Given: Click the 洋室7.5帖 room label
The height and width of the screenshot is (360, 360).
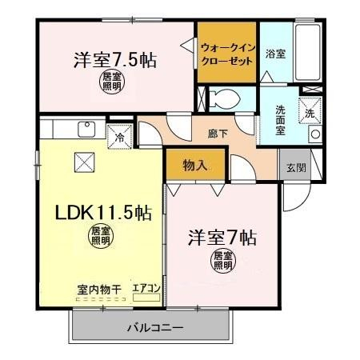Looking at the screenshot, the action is click(x=115, y=60).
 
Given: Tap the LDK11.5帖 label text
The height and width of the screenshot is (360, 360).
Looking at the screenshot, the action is click(x=103, y=213).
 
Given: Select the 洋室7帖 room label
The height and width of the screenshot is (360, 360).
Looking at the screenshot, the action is click(x=222, y=238).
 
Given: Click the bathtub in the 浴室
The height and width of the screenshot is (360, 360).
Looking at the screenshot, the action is click(x=308, y=52).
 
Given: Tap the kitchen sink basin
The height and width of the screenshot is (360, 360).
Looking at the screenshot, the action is click(x=86, y=129).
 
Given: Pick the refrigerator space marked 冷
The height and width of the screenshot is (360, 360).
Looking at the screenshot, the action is click(x=120, y=137).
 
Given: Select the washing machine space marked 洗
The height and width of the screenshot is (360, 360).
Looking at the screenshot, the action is click(x=310, y=111).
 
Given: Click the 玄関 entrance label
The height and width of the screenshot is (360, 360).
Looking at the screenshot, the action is click(x=296, y=168).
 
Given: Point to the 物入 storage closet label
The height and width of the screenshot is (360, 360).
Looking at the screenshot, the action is click(x=195, y=166).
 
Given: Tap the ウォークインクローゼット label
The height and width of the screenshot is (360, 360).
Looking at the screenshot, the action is click(x=228, y=54).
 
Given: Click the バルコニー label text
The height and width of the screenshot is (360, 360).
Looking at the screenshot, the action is click(x=155, y=328).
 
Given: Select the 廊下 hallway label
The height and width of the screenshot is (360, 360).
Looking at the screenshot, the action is click(x=218, y=134).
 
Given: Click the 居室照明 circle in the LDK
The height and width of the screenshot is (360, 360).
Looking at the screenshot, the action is click(x=101, y=236).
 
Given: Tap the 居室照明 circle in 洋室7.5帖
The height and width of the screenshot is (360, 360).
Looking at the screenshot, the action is click(x=112, y=82).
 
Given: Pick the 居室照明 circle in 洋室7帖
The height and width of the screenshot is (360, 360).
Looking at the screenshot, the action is click(x=223, y=261).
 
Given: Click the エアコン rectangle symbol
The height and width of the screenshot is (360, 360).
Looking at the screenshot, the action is click(x=146, y=298).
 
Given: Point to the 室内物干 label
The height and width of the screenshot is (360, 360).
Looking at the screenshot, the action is click(x=99, y=290).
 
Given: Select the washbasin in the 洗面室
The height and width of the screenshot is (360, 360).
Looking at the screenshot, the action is click(x=315, y=134).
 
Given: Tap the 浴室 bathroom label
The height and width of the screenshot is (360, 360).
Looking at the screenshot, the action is click(x=276, y=54).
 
